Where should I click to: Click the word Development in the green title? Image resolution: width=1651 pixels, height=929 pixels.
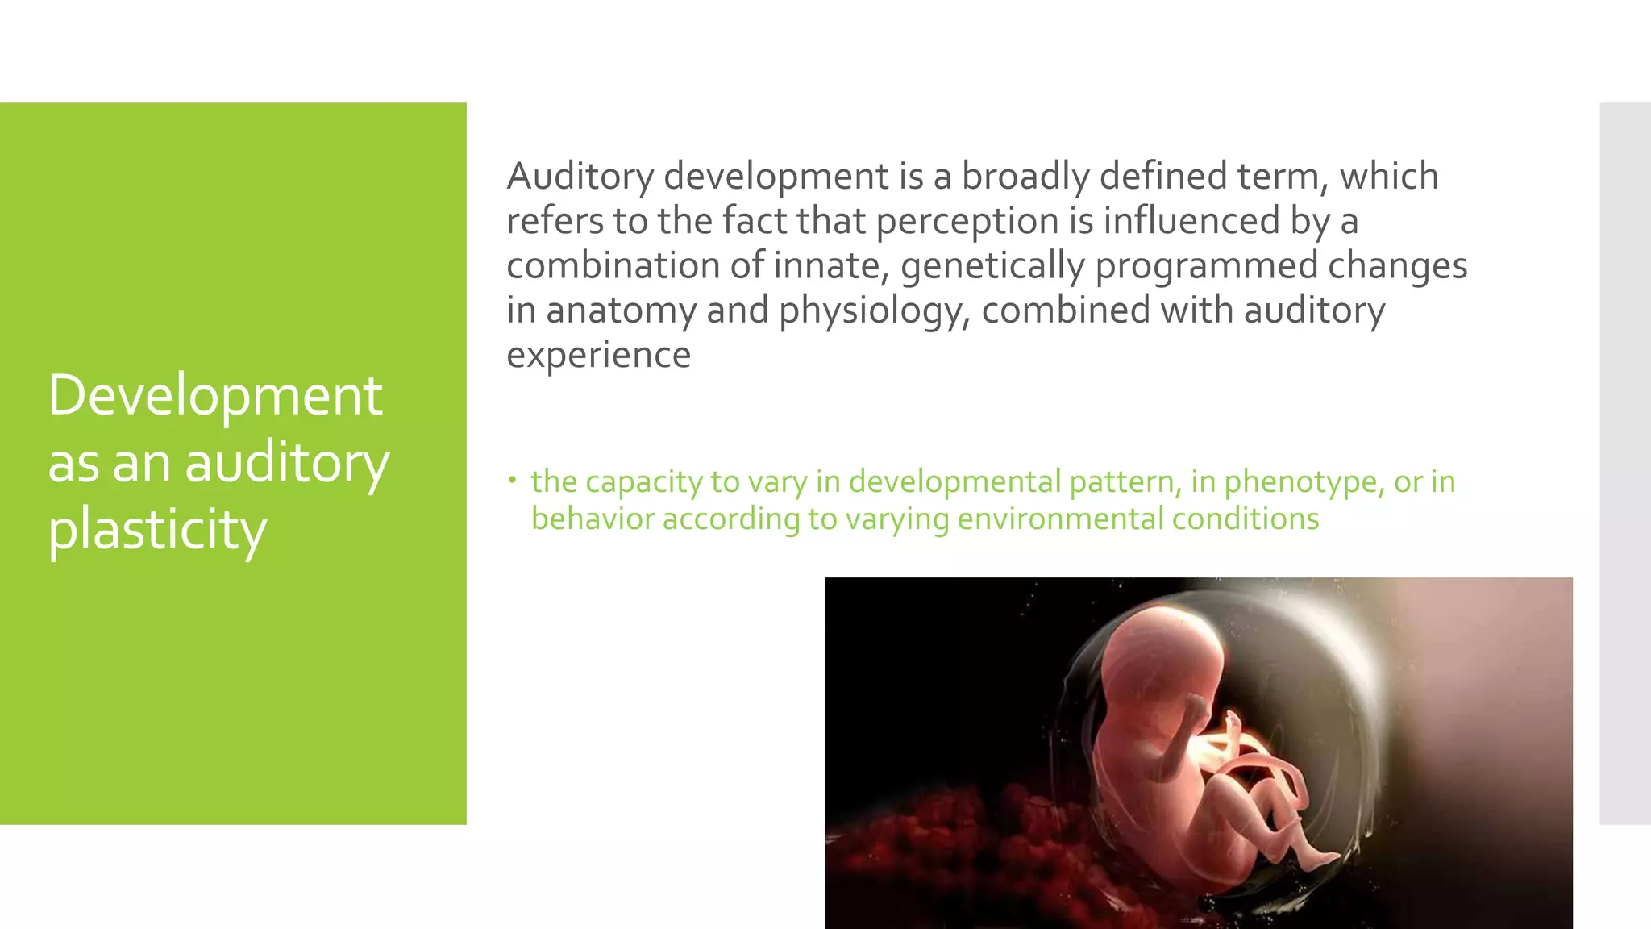[215, 396]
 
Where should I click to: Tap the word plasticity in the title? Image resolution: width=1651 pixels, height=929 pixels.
[157, 531]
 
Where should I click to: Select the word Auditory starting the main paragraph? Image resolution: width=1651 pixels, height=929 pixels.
[580, 177]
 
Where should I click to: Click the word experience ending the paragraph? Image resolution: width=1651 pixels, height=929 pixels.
[598, 355]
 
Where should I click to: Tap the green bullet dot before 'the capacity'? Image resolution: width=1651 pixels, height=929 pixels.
[511, 481]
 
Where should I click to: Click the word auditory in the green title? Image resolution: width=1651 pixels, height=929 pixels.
[287, 464]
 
